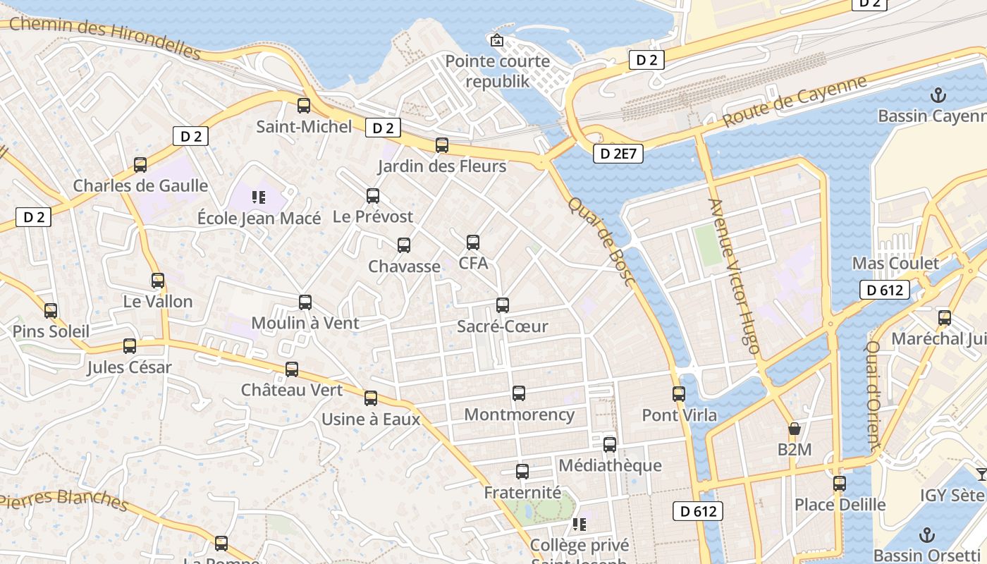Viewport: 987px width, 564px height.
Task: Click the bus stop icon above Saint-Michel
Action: click(x=304, y=106)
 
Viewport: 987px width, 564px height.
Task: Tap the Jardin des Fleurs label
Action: click(x=442, y=166)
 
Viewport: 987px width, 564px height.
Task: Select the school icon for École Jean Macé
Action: click(x=259, y=197)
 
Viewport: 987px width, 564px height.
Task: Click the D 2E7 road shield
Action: click(x=618, y=154)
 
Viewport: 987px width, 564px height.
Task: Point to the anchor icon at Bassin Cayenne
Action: click(x=938, y=95)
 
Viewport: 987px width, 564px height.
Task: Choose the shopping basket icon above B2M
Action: click(x=795, y=429)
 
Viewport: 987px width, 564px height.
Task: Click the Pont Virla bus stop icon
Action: click(x=679, y=394)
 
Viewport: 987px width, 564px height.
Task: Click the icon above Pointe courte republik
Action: click(x=497, y=40)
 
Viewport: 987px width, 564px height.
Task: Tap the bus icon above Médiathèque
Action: click(x=610, y=445)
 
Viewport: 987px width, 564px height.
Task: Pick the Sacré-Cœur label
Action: click(x=502, y=326)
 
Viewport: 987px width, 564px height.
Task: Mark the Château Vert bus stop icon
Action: click(x=292, y=369)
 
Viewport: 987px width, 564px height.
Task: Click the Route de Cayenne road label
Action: click(x=795, y=102)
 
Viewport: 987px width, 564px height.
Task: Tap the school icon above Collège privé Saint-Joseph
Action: click(x=579, y=525)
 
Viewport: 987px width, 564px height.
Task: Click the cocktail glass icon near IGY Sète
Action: click(x=981, y=474)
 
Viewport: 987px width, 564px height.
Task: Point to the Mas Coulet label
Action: click(x=895, y=263)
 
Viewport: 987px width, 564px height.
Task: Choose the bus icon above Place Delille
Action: click(x=840, y=484)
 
